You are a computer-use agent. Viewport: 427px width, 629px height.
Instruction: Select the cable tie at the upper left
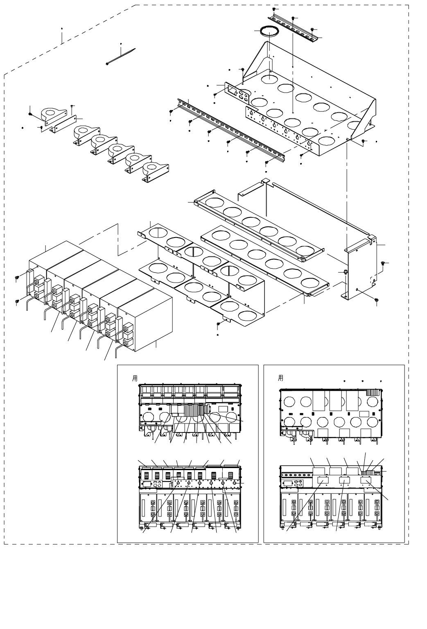pos(121,57)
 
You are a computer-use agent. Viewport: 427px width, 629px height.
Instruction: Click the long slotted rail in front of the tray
pos(229,129)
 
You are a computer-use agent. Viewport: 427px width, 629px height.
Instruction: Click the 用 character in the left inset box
pos(135,378)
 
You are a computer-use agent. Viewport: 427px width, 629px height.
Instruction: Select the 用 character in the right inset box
pos(280,378)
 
